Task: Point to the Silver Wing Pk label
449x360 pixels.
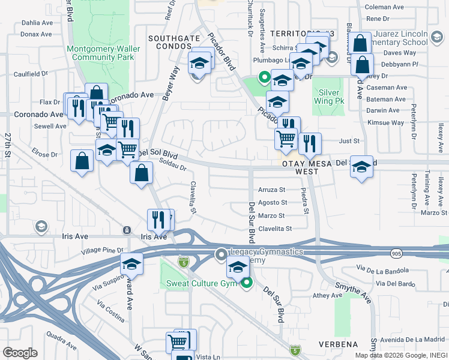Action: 328,97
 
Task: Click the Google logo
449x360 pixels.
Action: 20,352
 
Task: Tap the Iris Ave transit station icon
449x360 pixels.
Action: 127,230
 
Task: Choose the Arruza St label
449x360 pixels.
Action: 271,189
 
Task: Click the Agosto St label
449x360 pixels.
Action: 271,203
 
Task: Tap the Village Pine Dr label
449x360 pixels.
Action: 102,250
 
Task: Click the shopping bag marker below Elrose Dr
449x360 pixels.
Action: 82,161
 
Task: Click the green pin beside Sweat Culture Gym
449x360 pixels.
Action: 247,284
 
